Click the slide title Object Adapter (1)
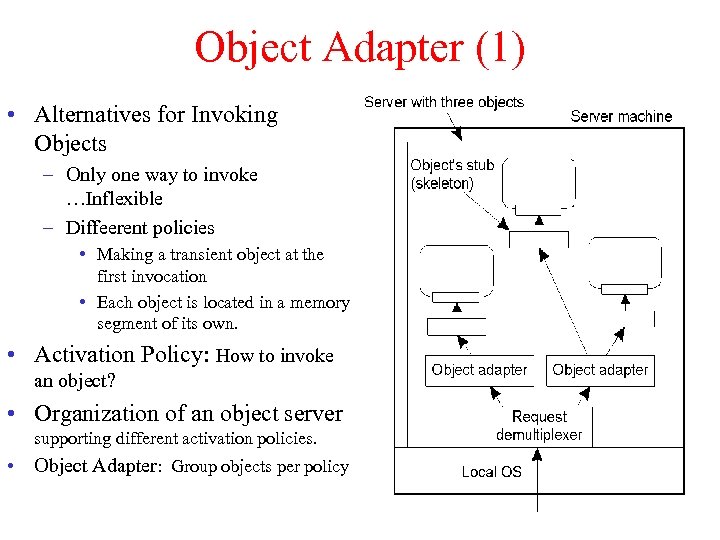[359, 49]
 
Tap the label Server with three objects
[443, 102]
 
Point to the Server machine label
[621, 116]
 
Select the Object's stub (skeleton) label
[452, 174]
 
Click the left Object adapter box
[479, 370]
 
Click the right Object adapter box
[600, 370]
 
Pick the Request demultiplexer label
[539, 425]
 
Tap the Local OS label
[491, 471]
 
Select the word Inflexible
[123, 198]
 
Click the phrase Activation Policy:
[121, 355]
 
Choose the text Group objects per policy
[260, 466]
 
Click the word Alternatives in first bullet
[93, 115]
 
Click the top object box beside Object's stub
[540, 182]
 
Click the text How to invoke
[274, 356]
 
